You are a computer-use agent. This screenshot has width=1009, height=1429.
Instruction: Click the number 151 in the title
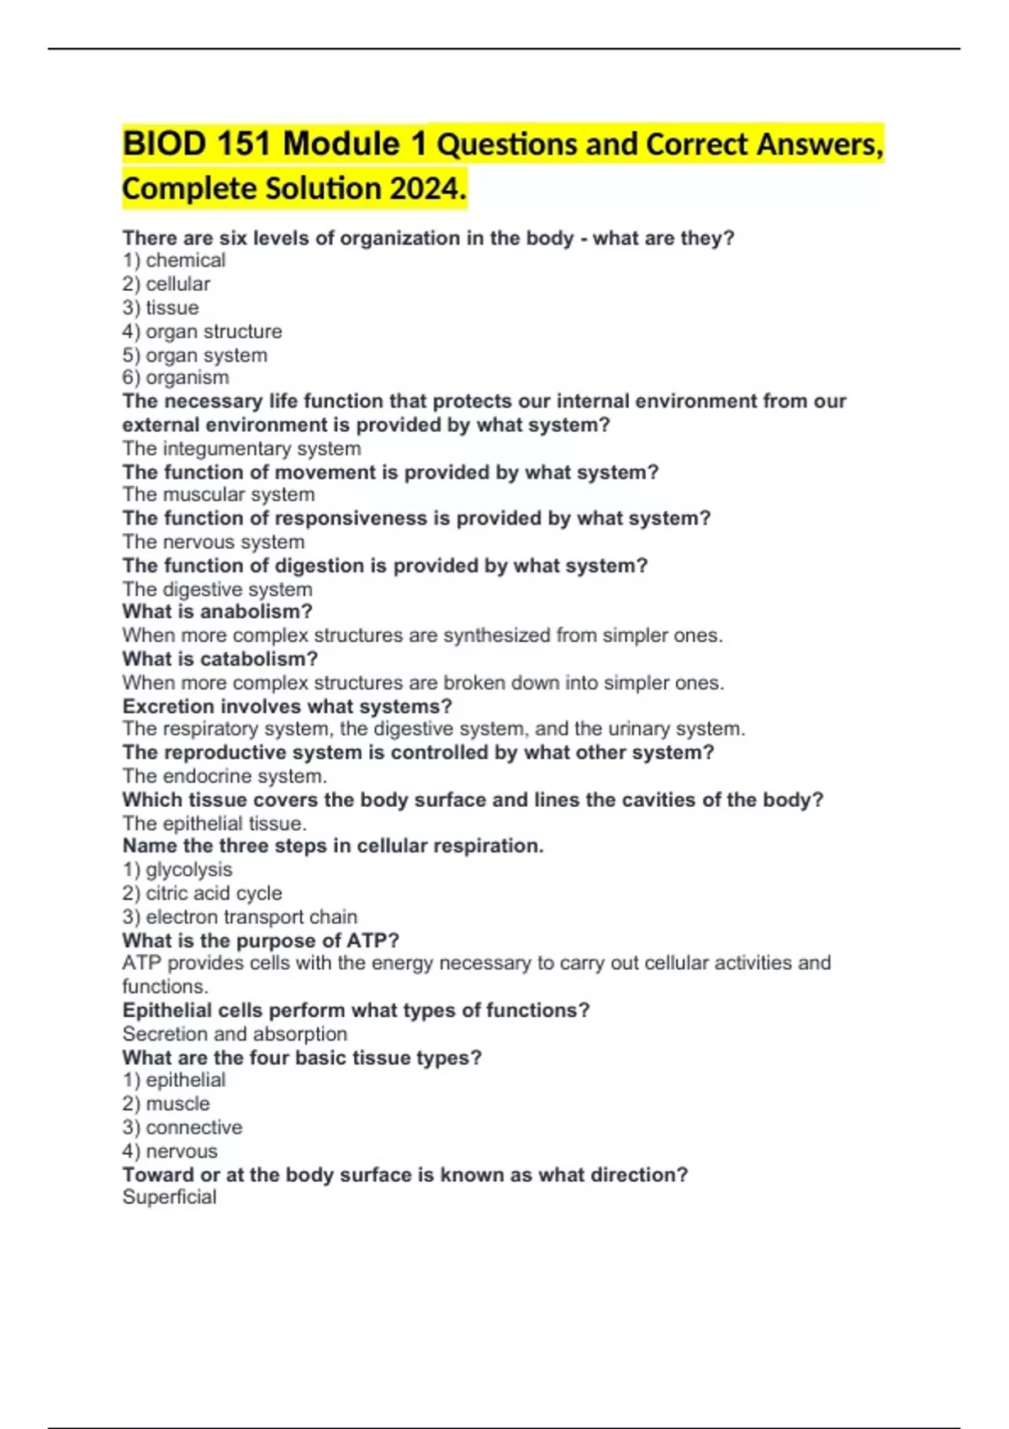pos(244,144)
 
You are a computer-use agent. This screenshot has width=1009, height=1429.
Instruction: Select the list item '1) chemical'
pos(174,261)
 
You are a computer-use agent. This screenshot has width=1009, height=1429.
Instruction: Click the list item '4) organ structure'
pos(202,331)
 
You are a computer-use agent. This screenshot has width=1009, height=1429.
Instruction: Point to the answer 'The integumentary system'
pos(241,449)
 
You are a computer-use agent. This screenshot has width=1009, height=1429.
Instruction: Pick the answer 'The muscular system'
pos(219,495)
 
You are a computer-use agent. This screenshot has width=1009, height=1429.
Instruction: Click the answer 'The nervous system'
pos(214,542)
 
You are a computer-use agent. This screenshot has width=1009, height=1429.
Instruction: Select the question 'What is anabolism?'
pos(217,612)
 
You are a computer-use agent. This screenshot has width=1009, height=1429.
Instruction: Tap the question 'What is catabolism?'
pos(220,659)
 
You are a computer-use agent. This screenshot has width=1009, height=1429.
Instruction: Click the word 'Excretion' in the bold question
pos(168,706)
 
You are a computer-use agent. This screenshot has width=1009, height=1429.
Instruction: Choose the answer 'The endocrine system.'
pos(225,776)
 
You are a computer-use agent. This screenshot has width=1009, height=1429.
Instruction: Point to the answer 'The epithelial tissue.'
pos(214,824)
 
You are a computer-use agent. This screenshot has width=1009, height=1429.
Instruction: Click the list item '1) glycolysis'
pos(177,870)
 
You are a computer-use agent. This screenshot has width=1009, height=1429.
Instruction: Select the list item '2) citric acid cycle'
pos(202,894)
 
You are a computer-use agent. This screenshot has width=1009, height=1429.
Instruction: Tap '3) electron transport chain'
pos(240,917)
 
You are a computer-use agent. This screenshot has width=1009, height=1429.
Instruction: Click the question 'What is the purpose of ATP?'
pos(261,941)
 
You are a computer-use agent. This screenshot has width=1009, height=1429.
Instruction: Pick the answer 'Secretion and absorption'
pos(235,1034)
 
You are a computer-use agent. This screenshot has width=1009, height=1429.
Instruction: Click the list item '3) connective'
pos(182,1127)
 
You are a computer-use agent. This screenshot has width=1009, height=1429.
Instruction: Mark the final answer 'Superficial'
pos(169,1197)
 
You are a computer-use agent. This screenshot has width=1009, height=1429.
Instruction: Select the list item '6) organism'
pos(176,378)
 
